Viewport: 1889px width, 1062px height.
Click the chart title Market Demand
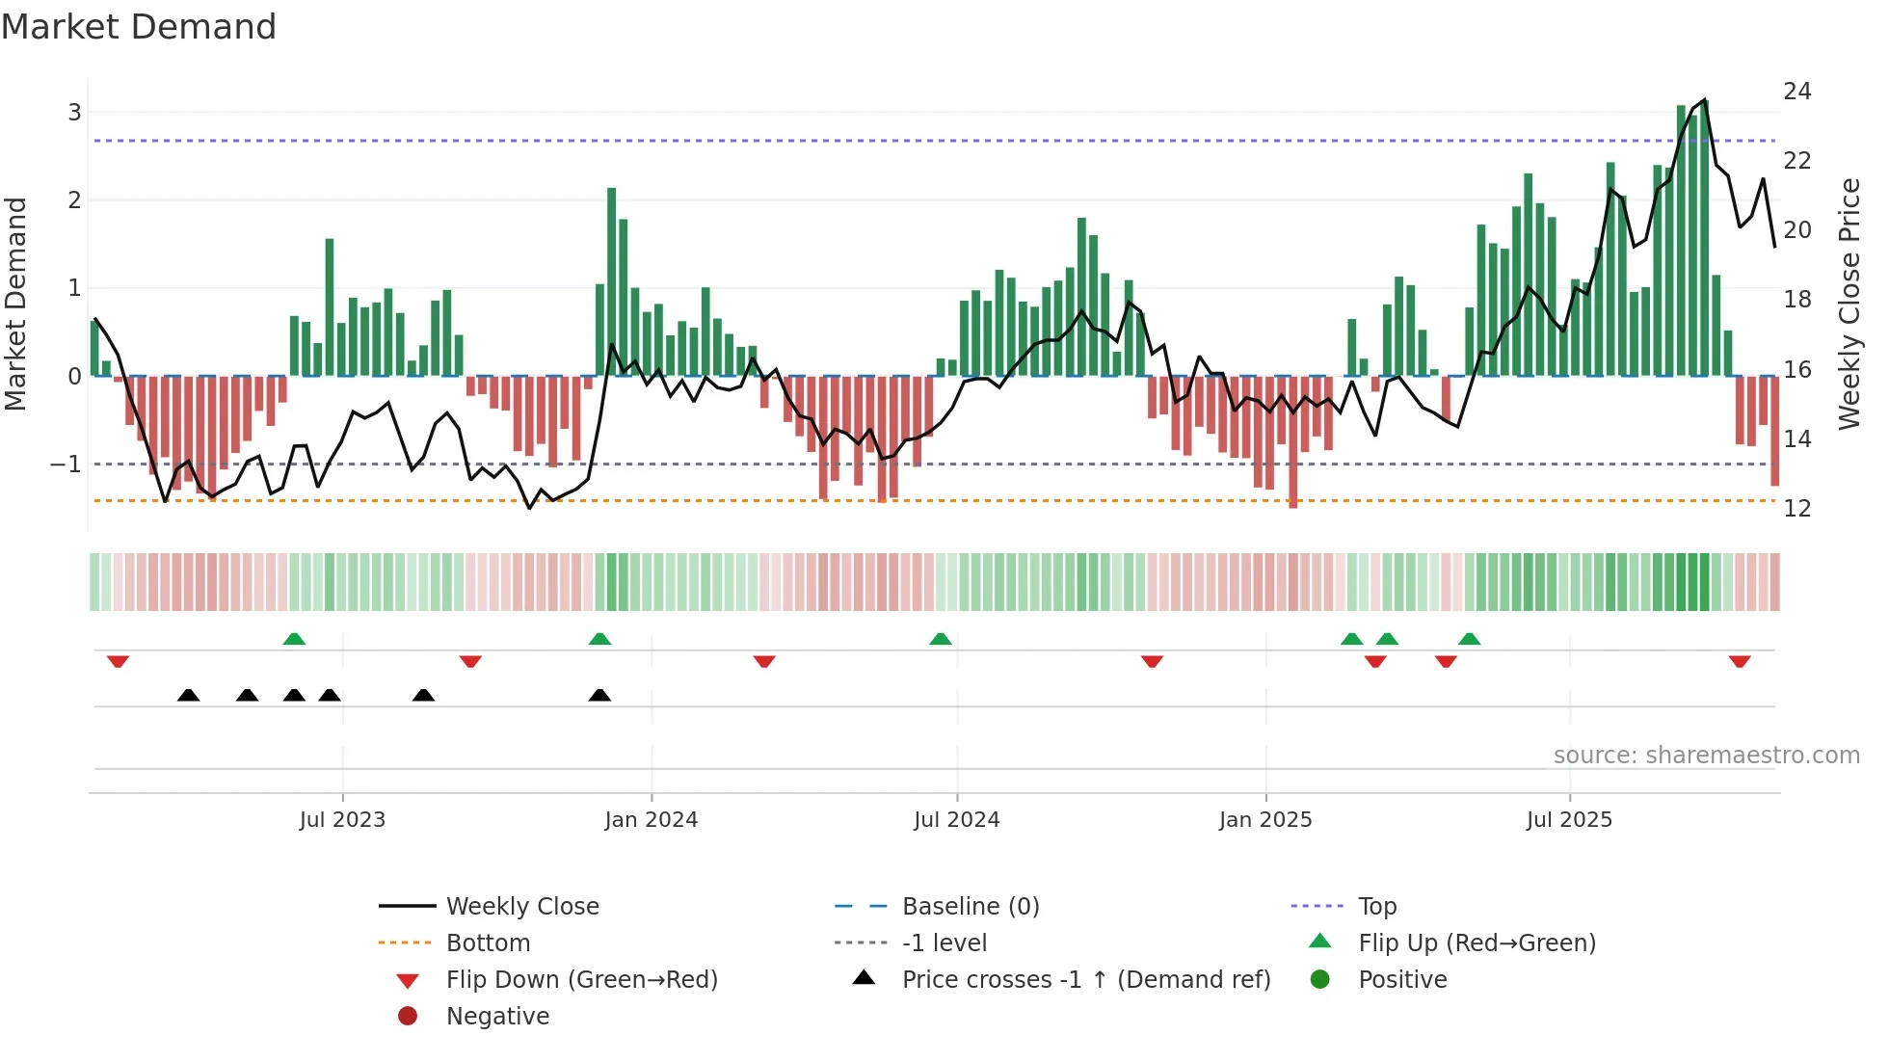pyautogui.click(x=139, y=27)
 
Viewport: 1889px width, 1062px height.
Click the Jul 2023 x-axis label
pyautogui.click(x=342, y=820)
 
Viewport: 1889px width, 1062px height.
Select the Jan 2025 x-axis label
pyautogui.click(x=1264, y=820)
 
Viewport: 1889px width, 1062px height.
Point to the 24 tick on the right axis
pyautogui.click(x=1796, y=92)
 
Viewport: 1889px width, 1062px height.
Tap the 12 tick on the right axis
pyautogui.click(x=1796, y=508)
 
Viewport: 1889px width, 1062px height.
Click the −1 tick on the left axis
pyautogui.click(x=66, y=465)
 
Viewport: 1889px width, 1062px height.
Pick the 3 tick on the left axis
pyautogui.click(x=74, y=113)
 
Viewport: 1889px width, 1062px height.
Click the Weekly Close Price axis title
pyautogui.click(x=1849, y=304)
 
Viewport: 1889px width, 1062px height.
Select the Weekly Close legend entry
pyautogui.click(x=521, y=907)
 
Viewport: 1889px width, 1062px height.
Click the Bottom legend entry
pyautogui.click(x=488, y=943)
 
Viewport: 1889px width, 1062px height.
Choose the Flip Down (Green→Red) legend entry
pyautogui.click(x=581, y=980)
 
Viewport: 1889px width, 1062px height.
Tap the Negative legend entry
pyautogui.click(x=497, y=1017)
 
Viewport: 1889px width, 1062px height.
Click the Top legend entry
pyautogui.click(x=1376, y=907)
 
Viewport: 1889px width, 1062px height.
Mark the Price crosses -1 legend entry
pyautogui.click(x=1085, y=980)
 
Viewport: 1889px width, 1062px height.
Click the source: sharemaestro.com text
pyautogui.click(x=1706, y=756)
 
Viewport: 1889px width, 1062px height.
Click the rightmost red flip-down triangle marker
pyautogui.click(x=1739, y=661)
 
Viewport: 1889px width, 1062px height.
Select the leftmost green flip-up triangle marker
pyautogui.click(x=294, y=639)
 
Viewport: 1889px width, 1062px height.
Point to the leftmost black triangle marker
pyautogui.click(x=189, y=696)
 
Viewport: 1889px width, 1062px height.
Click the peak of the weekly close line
pyautogui.click(x=1705, y=100)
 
